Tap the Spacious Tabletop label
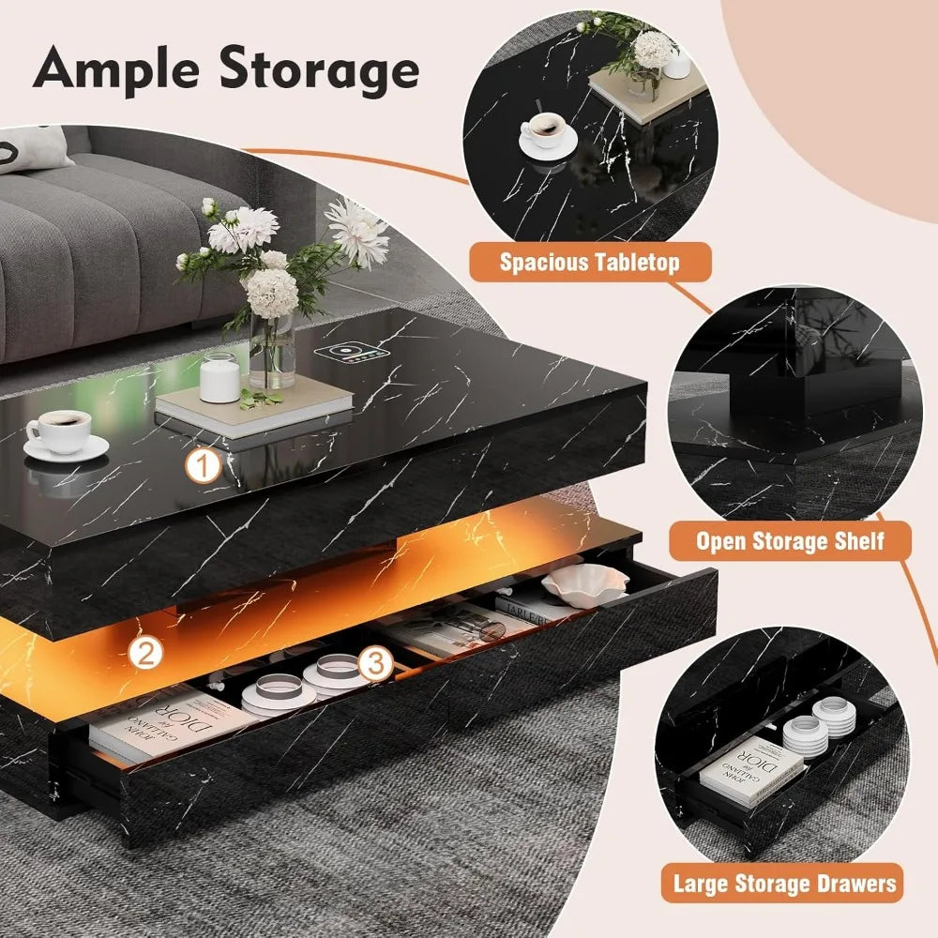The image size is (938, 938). [589, 261]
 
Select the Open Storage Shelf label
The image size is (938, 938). [790, 540]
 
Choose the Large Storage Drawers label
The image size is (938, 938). [784, 883]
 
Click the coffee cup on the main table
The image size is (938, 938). [59, 433]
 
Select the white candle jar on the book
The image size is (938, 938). [220, 377]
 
